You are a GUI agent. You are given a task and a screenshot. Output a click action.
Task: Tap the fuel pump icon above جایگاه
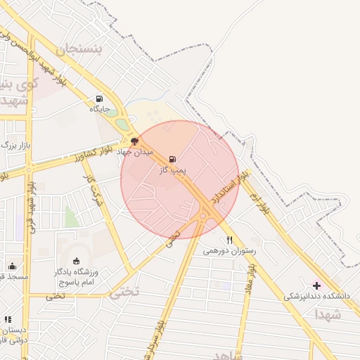(x=99, y=98)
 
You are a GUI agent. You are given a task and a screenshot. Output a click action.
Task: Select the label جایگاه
(x=99, y=109)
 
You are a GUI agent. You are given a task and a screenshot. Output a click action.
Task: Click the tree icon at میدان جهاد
(x=135, y=142)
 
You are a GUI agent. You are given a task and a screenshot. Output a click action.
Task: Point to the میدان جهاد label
(x=134, y=152)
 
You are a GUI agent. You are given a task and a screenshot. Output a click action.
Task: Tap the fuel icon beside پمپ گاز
(x=173, y=159)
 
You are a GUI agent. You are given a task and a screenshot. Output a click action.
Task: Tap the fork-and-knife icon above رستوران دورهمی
(x=229, y=240)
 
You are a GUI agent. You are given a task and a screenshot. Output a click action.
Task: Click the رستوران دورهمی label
(x=231, y=250)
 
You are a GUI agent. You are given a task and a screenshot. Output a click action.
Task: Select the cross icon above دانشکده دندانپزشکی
(x=316, y=285)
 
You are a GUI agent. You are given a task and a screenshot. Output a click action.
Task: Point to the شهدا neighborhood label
(x=328, y=314)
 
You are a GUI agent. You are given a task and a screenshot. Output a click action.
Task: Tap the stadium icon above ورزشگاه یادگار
(x=77, y=262)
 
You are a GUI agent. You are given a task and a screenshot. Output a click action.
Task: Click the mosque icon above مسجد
(x=12, y=266)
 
